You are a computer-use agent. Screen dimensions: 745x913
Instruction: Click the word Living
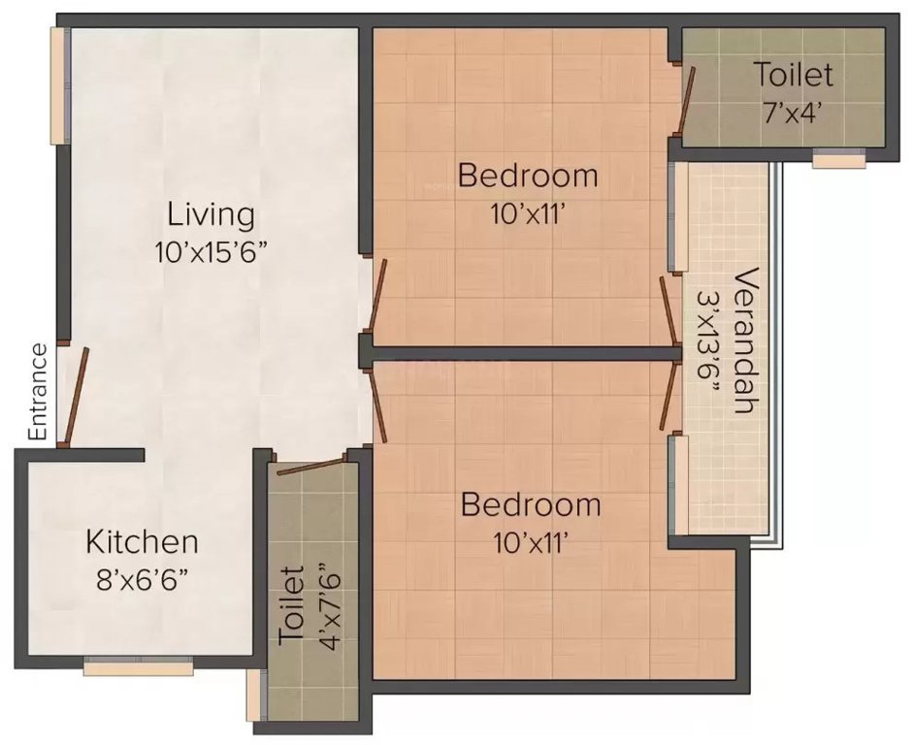211,213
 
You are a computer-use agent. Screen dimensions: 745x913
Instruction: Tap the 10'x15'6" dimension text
211,253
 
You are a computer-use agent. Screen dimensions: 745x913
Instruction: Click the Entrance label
37,393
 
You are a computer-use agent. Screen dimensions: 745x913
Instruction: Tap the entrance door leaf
76,396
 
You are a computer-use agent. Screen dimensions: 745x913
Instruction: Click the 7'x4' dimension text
793,111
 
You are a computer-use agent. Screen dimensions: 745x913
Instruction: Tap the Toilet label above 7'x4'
794,75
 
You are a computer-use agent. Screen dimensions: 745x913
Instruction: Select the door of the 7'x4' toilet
685,101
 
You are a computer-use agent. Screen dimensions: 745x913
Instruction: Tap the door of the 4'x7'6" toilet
307,466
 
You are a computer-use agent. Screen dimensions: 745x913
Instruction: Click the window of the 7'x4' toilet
838,160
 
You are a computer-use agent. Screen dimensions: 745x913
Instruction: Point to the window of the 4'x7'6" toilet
255,695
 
